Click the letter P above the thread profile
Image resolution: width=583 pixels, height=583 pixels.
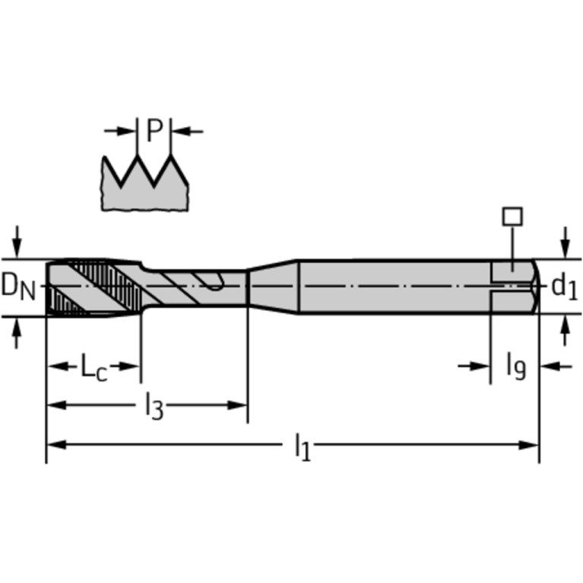pos(155,131)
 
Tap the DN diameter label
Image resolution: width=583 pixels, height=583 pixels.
pos(17,287)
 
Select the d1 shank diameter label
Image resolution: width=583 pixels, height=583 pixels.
pos(563,287)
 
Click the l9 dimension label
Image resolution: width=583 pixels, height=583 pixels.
pos(516,366)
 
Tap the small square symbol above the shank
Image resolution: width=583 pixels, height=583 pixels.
pos(512,216)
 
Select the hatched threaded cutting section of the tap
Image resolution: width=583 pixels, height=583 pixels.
pos(91,287)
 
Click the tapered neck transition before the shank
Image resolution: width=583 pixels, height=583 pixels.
pos(273,287)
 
